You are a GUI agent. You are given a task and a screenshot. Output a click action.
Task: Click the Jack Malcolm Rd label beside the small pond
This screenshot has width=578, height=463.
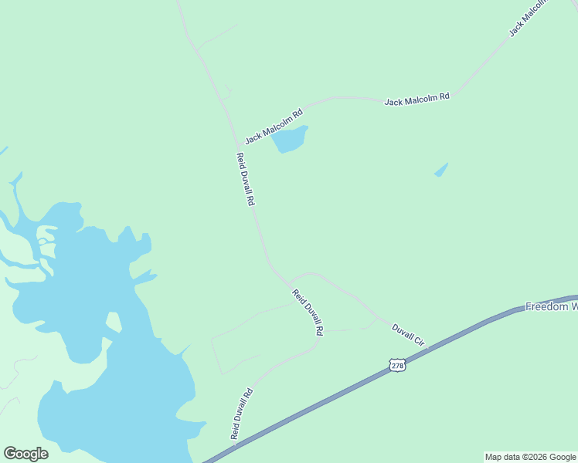coord(273,125)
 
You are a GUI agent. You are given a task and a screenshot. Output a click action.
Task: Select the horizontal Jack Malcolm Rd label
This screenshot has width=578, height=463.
coord(417,99)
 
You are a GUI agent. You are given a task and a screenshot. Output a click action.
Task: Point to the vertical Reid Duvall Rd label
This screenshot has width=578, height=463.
coord(246,178)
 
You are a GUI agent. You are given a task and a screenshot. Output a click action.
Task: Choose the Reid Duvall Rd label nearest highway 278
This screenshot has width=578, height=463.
coord(242,414)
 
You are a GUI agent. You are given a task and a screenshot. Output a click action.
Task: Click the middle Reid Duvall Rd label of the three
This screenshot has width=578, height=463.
coord(308,311)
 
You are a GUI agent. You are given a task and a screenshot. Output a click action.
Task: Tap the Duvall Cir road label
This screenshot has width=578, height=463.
coord(409,335)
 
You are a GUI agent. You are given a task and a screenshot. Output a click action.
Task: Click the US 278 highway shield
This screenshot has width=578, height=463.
coord(397,364)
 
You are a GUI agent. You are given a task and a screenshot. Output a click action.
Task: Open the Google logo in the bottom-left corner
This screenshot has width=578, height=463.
coord(25,454)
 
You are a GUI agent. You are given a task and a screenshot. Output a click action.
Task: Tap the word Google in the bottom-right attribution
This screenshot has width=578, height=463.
coord(562,458)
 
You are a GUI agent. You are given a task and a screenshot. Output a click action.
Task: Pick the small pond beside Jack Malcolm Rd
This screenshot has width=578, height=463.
coord(291,140)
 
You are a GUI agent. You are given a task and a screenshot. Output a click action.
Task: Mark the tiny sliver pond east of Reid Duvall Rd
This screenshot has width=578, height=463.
coord(441,170)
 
